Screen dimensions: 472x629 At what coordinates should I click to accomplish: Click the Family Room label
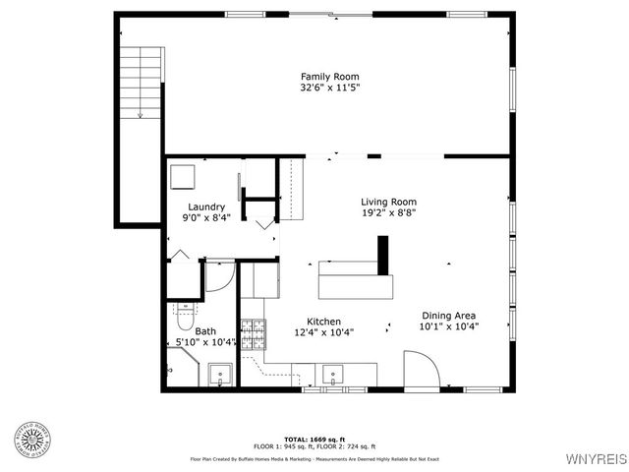[329, 77]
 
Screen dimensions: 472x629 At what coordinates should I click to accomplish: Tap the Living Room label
[389, 201]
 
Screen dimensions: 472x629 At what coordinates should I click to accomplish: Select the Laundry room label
[206, 206]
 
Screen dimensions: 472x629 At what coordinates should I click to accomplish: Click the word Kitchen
[323, 322]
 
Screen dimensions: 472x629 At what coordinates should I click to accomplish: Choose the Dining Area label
[449, 315]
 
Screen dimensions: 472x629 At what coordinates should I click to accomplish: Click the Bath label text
[205, 331]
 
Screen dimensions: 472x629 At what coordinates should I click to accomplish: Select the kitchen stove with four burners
[254, 334]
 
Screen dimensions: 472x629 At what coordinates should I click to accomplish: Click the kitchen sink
[333, 374]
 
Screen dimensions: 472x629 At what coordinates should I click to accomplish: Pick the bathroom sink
[219, 374]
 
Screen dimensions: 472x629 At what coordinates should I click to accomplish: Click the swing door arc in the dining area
[424, 370]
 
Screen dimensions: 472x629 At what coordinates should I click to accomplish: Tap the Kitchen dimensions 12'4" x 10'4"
[323, 332]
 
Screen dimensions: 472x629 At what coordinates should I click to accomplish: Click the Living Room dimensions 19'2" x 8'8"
[389, 212]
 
